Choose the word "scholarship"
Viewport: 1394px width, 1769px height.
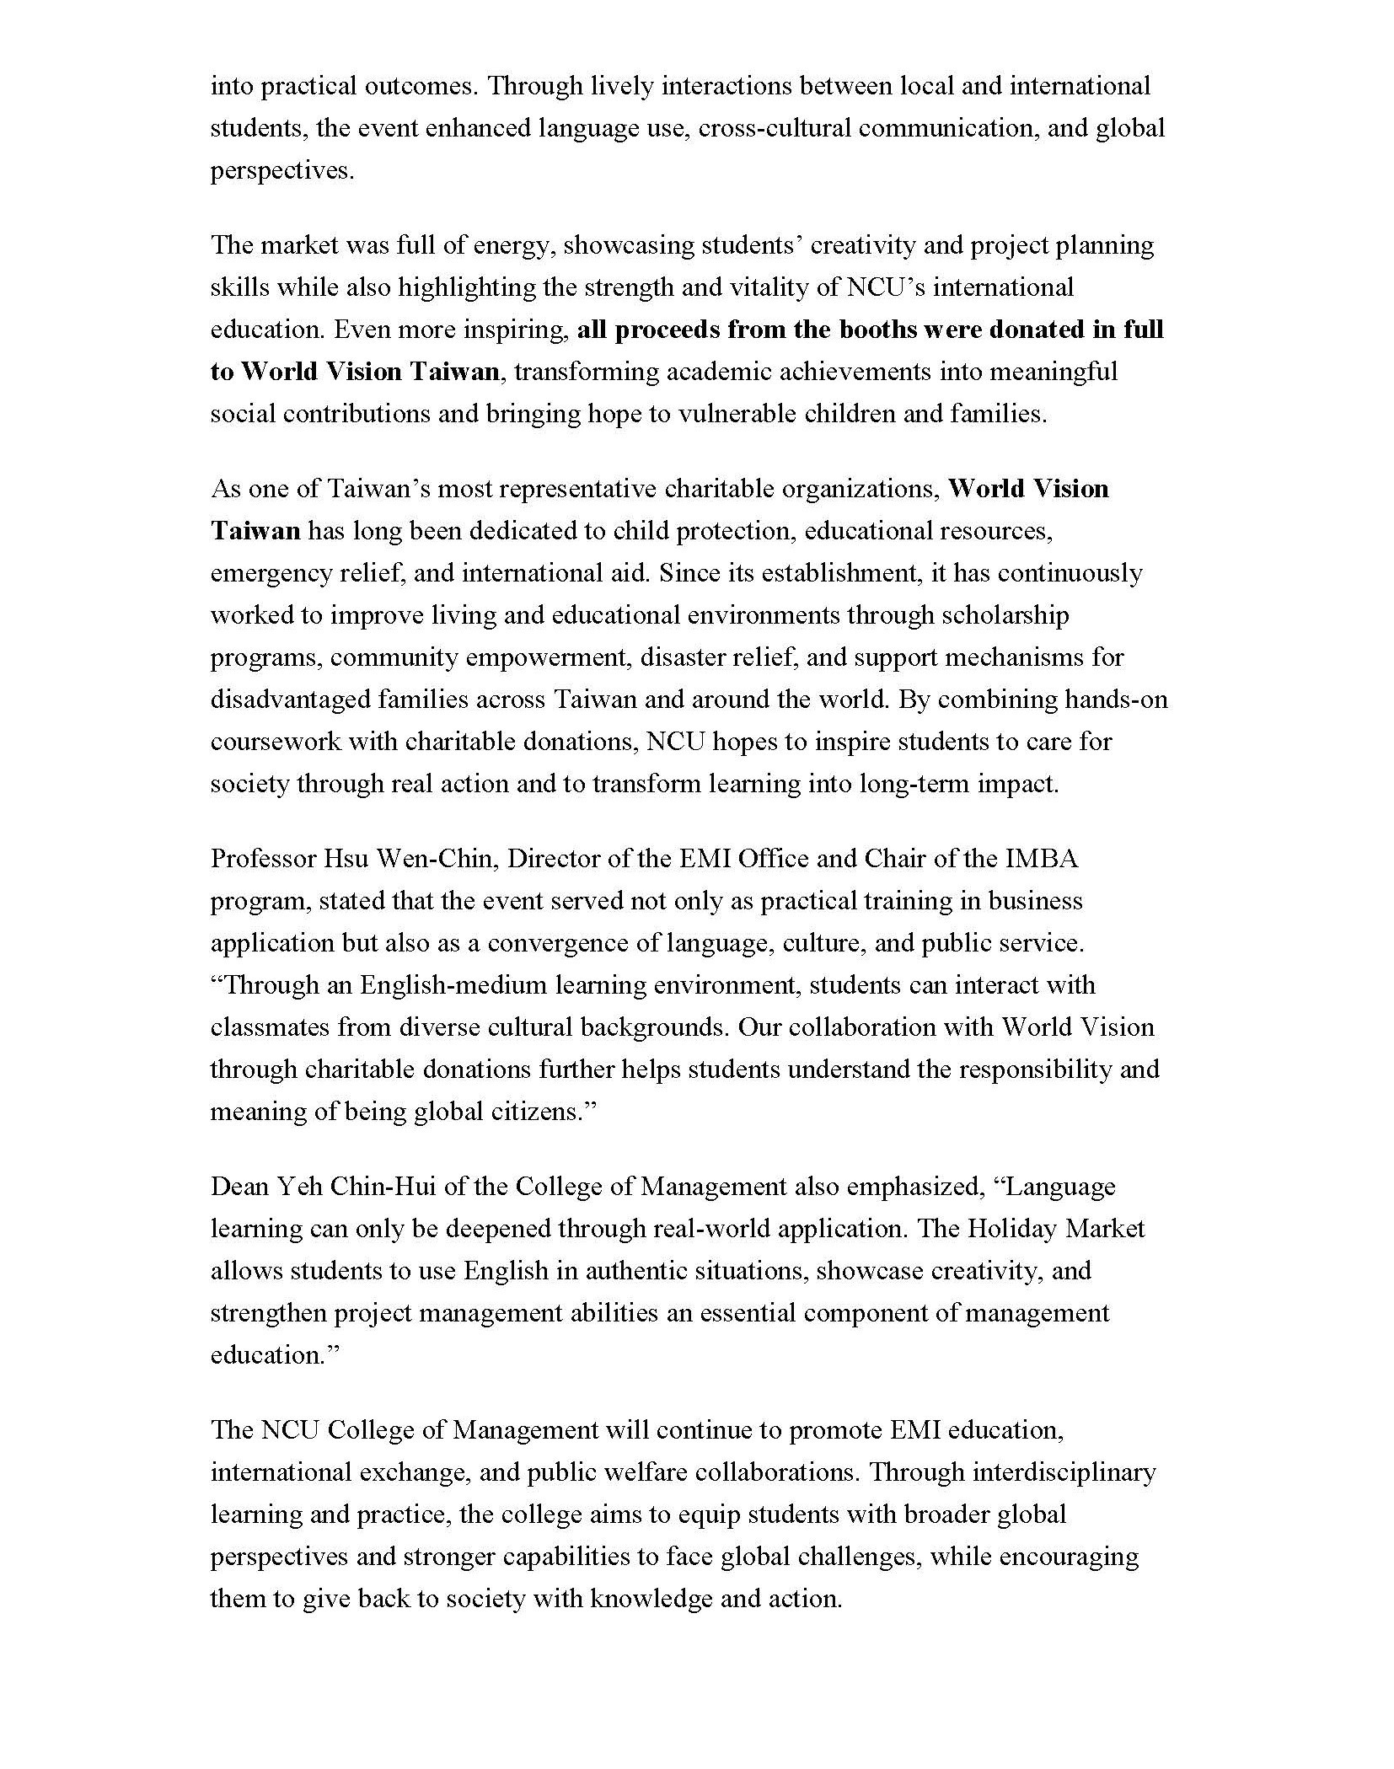(x=1004, y=615)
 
